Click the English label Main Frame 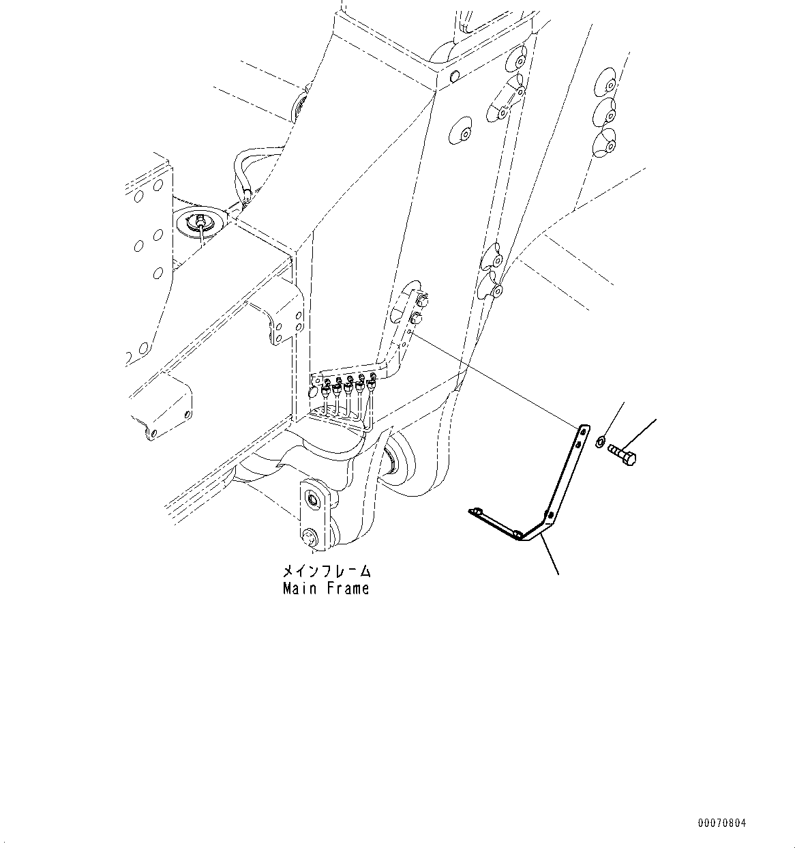(326, 588)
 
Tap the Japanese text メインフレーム (327, 570)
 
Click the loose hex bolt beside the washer (622, 454)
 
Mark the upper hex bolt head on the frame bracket (420, 299)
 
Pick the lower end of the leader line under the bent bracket (559, 574)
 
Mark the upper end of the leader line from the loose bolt (656, 419)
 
